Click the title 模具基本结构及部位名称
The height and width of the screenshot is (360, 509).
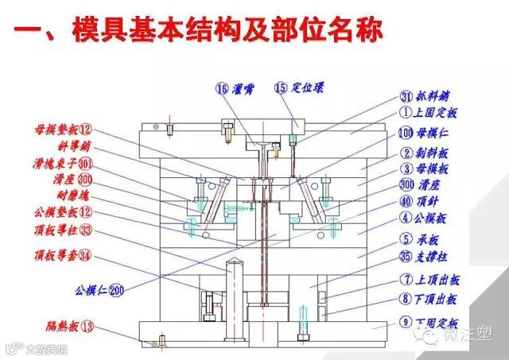(227, 31)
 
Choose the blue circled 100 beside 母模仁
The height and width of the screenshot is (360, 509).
(406, 132)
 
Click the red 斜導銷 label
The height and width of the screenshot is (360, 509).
(54, 145)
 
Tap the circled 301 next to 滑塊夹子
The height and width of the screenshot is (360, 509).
(85, 163)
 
